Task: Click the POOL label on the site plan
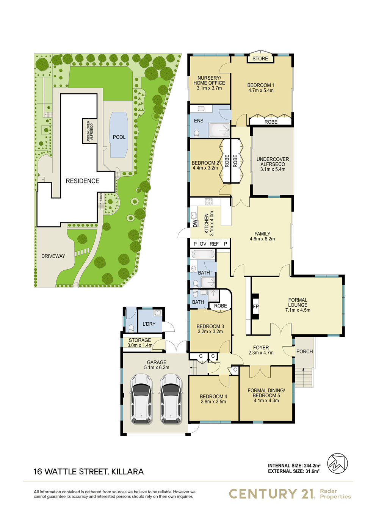tap(119, 137)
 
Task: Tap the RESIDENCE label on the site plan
tap(82, 181)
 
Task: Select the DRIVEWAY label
tap(53, 256)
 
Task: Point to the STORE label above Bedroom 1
tap(260, 58)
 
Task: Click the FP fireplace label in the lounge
tap(255, 306)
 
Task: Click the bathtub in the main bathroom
tap(203, 254)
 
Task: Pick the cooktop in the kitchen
tap(208, 202)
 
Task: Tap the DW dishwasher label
tap(195, 223)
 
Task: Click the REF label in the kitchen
tap(214, 244)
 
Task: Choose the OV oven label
tap(203, 244)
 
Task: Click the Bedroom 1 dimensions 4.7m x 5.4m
tap(260, 91)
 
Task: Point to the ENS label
tap(199, 121)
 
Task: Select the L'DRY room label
tap(149, 324)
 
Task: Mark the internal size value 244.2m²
tap(310, 466)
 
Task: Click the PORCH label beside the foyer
tap(304, 351)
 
